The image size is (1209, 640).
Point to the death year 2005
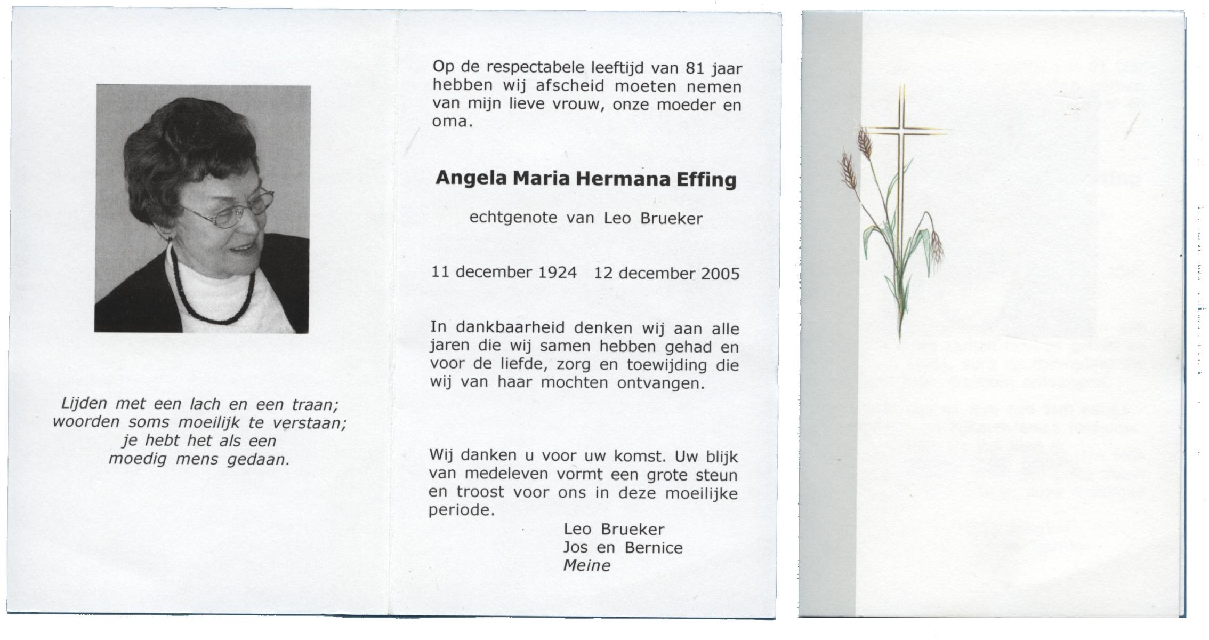tap(720, 274)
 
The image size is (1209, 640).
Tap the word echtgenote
tap(513, 218)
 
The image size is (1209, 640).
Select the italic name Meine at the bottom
tap(586, 565)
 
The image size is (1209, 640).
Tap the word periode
tap(462, 510)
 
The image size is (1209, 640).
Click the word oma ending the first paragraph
tap(451, 122)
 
